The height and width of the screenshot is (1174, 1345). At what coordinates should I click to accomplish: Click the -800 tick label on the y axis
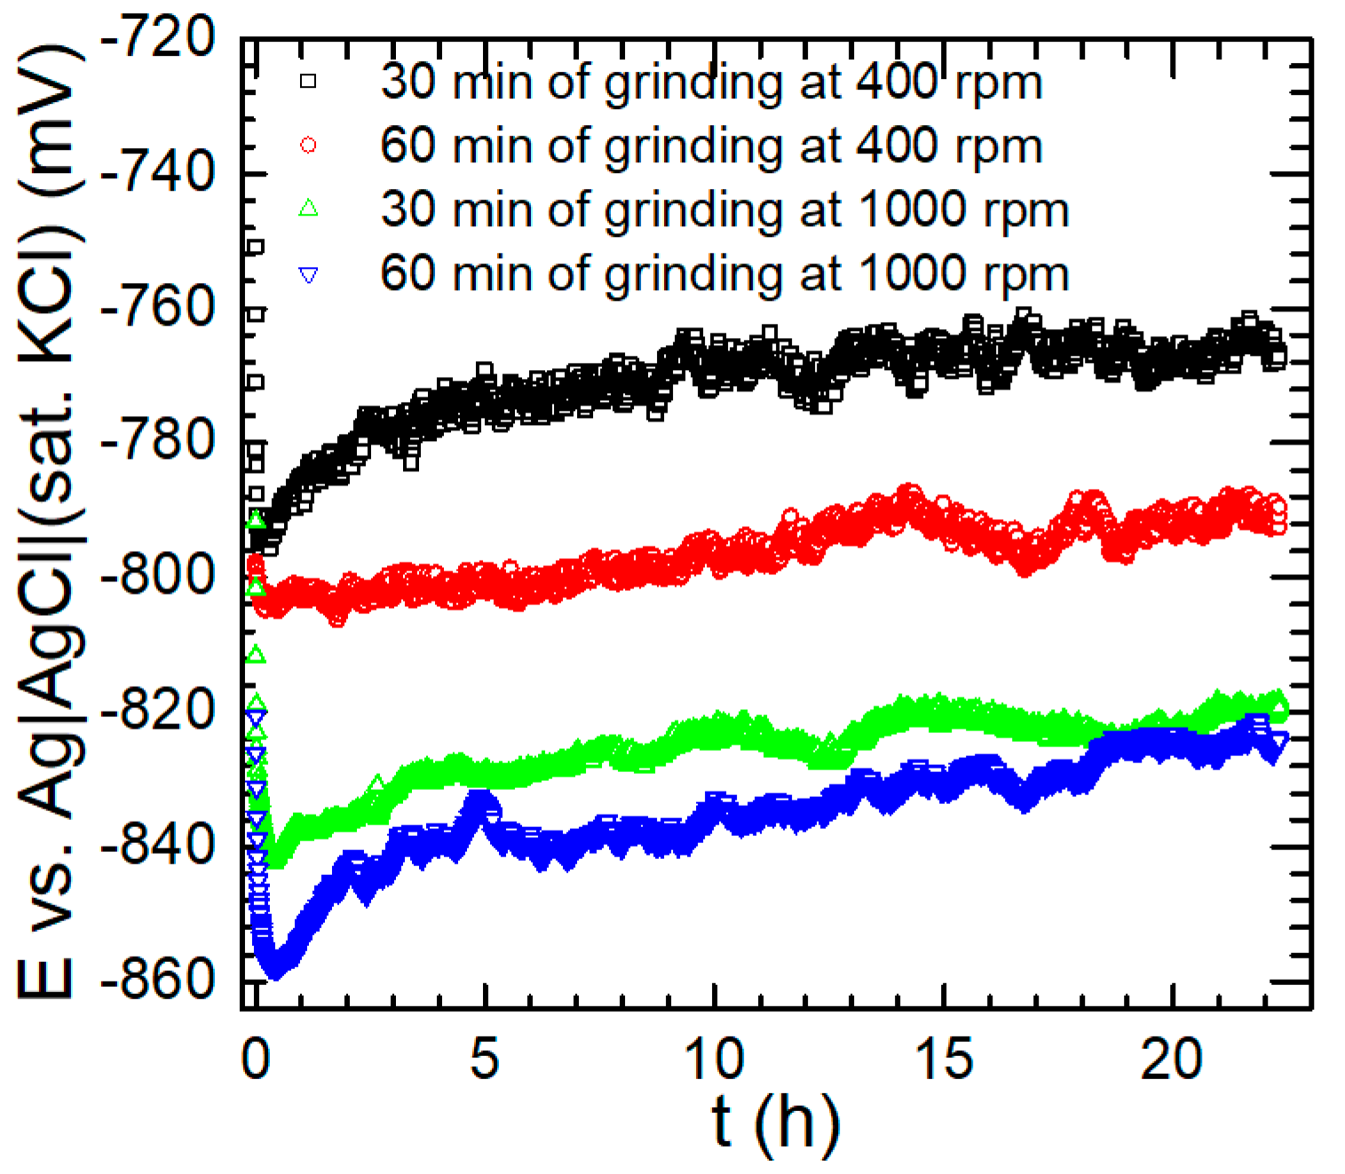[158, 576]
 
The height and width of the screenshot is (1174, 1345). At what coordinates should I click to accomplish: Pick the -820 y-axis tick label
[158, 711]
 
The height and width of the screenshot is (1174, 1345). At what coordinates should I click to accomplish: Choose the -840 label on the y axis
[158, 846]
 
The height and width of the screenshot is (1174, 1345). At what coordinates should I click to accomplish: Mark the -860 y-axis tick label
[158, 980]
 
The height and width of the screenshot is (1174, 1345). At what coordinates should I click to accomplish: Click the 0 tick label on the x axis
[256, 1059]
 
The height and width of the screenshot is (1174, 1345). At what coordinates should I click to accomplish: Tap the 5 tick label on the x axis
[485, 1059]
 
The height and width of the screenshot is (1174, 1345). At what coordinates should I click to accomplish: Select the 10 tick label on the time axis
[714, 1059]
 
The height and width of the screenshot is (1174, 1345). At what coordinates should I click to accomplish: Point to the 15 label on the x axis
[943, 1059]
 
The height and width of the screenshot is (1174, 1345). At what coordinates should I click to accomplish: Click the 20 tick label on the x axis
[1172, 1059]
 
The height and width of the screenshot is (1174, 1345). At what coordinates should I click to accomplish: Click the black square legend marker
[308, 82]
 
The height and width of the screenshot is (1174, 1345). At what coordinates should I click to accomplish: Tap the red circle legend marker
[308, 146]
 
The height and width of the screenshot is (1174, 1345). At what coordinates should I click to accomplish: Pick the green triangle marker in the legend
[308, 209]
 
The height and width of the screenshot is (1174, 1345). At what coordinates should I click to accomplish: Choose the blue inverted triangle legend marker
[308, 275]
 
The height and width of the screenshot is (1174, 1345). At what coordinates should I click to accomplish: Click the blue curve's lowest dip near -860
[275, 971]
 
